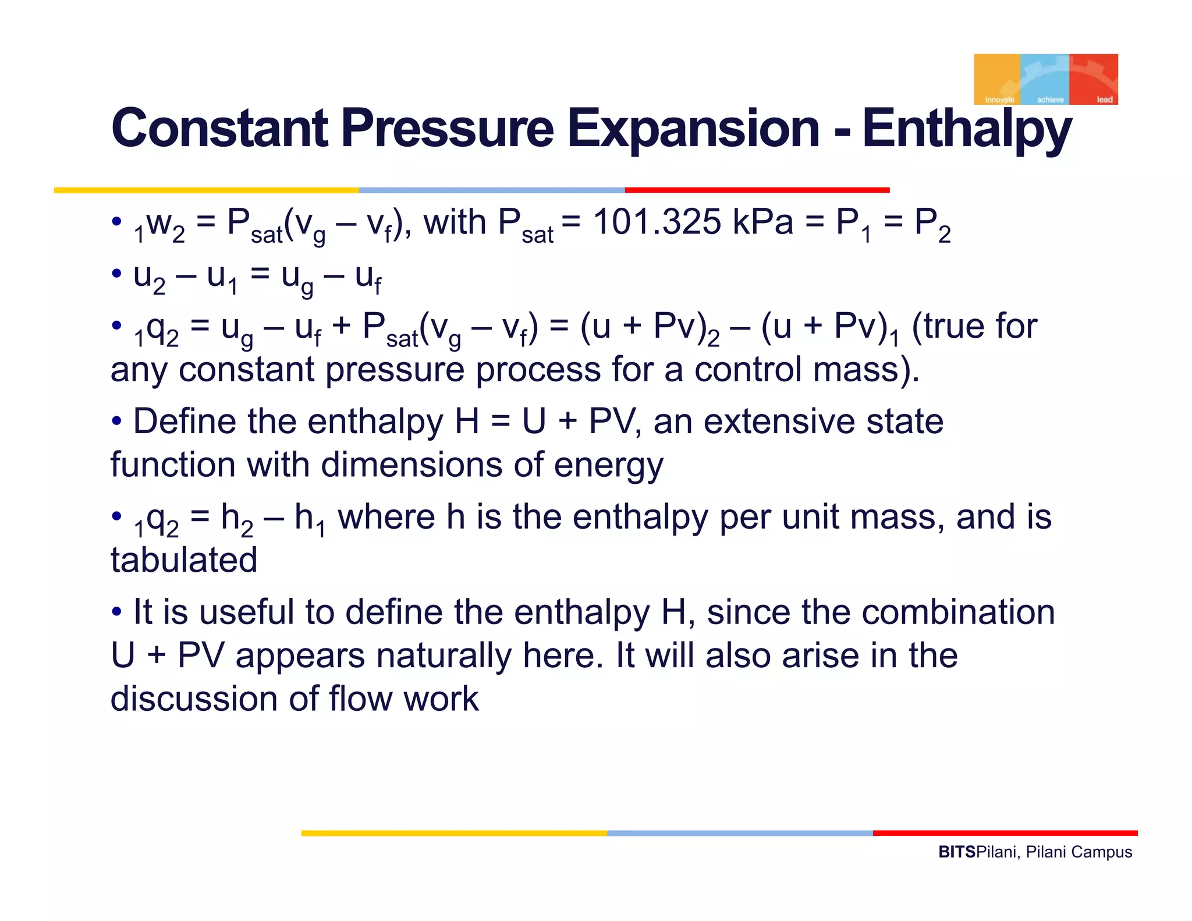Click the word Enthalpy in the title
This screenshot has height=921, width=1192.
966,129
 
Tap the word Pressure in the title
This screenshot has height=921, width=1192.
446,128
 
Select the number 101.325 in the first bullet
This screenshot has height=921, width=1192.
656,222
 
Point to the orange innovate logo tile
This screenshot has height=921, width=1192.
997,80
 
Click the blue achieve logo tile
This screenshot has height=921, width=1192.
1045,80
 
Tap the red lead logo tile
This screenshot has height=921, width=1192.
1094,80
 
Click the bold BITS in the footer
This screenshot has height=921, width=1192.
956,852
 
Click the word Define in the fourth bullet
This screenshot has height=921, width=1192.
185,421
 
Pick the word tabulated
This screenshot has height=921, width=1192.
184,560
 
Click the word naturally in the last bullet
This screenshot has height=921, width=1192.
443,656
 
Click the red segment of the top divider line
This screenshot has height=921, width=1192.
757,190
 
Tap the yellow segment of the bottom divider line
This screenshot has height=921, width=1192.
454,833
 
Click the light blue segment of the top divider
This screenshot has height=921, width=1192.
492,190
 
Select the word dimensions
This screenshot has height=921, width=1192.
411,465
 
